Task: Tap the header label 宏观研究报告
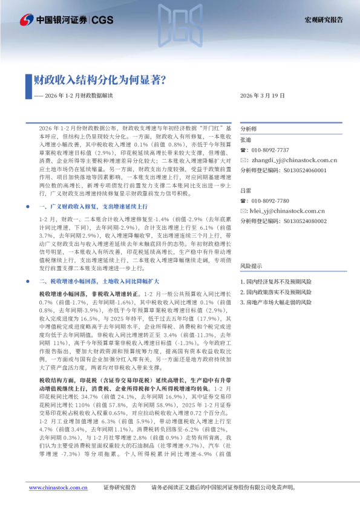(323, 19)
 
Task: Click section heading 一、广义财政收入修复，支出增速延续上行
(90, 207)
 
